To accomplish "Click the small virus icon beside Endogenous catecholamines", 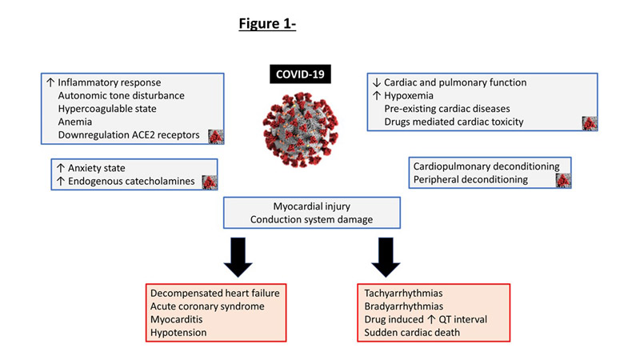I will pos(209,182).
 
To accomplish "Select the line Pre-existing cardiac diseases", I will pos(447,108).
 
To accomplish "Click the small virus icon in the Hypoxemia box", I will pos(590,122).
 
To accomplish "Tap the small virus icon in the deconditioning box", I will pos(564,181).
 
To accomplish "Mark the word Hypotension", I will pos(174,333).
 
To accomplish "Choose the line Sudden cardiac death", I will pos(414,333).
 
